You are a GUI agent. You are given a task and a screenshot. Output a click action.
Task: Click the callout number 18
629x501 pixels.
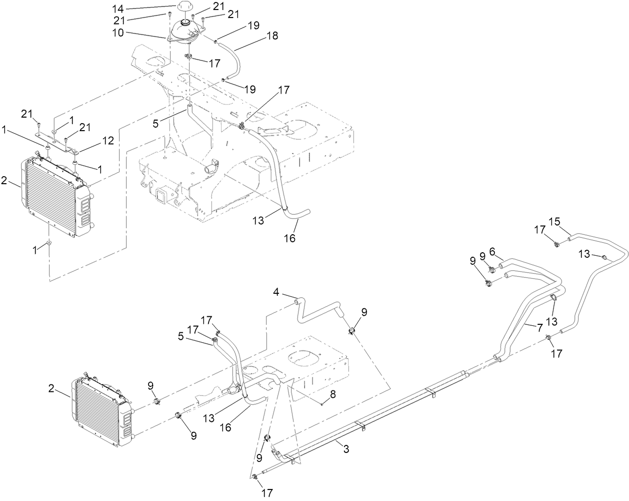(272, 36)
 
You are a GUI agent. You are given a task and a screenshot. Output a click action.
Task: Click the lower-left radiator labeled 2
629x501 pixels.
(100, 410)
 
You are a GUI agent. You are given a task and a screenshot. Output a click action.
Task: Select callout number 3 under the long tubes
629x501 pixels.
(345, 449)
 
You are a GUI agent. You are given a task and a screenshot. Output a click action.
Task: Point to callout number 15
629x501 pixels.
(553, 221)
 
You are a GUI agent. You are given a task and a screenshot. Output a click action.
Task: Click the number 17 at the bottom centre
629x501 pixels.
(267, 493)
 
